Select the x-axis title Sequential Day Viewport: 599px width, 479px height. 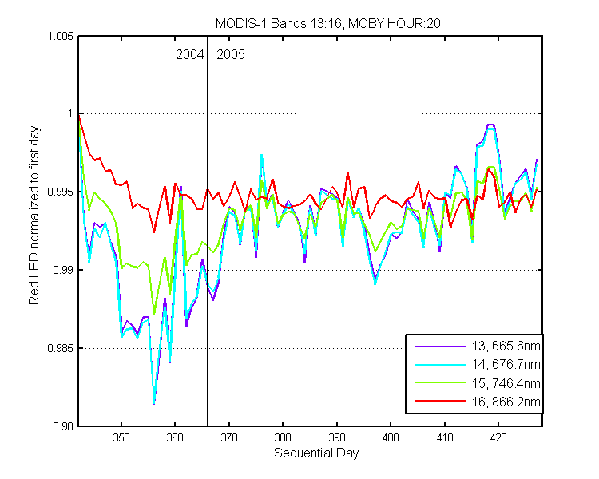tap(316, 453)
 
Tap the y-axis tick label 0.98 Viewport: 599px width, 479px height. tap(63, 426)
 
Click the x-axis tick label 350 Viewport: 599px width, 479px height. tap(121, 437)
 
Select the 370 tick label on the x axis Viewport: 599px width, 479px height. tap(229, 437)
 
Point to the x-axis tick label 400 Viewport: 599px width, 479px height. tap(391, 437)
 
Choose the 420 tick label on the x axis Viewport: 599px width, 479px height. tap(498, 437)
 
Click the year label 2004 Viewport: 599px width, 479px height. tap(190, 55)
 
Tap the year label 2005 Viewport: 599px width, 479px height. tap(231, 55)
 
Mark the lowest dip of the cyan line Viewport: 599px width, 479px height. tap(153, 403)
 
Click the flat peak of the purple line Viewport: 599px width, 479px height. tap(491, 125)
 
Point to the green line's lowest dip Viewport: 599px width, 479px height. tap(154, 315)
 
